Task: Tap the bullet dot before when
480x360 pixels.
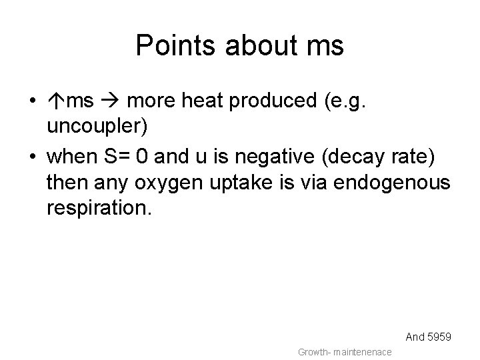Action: [x=32, y=157]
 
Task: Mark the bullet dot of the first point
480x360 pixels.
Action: [x=32, y=103]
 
